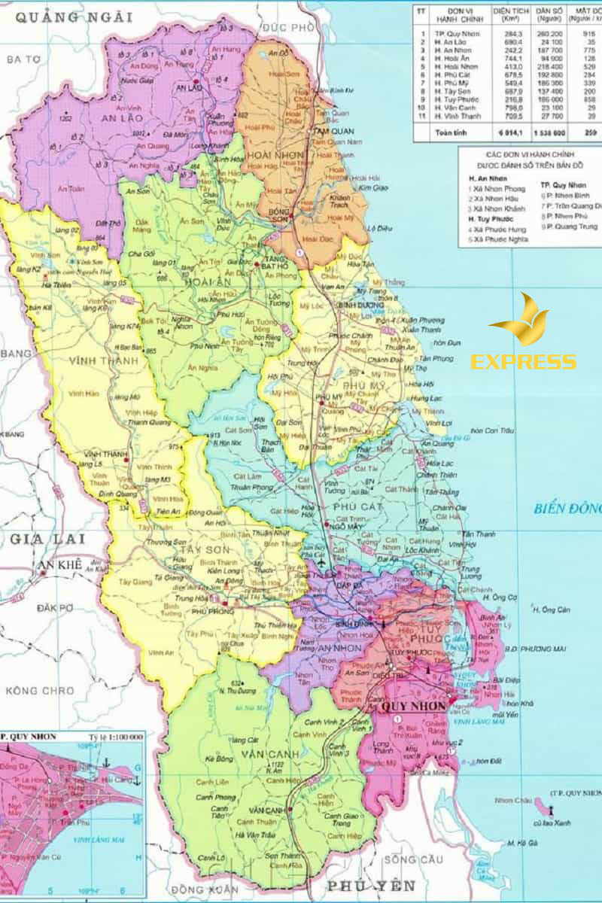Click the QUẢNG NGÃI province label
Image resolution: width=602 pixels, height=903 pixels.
(74, 17)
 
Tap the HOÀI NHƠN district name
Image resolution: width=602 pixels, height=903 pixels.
(275, 154)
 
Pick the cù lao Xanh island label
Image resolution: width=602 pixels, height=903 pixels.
(552, 823)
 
